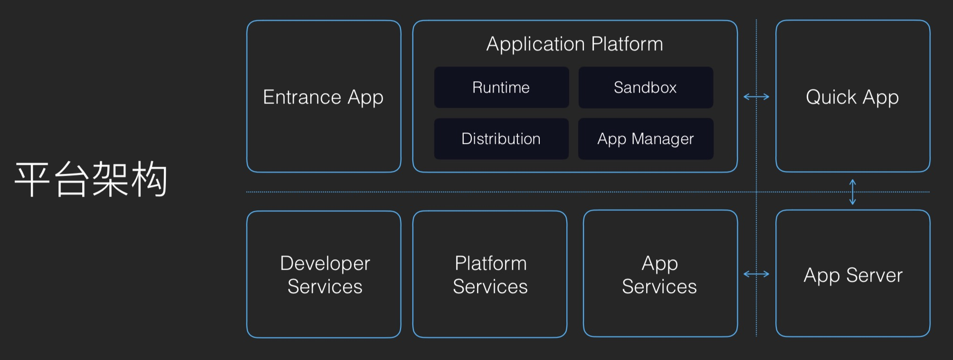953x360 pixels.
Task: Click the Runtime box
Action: pyautogui.click(x=501, y=87)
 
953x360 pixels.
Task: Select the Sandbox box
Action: pyautogui.click(x=646, y=87)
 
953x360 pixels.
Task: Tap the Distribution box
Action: pyautogui.click(x=501, y=139)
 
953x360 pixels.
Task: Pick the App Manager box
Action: pyautogui.click(x=646, y=139)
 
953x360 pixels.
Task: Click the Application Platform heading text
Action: pyautogui.click(x=575, y=45)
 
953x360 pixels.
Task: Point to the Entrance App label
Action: pyautogui.click(x=323, y=98)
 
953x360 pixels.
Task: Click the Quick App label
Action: pyautogui.click(x=852, y=98)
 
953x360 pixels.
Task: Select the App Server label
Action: pyautogui.click(x=853, y=275)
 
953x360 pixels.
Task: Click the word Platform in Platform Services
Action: pyautogui.click(x=491, y=263)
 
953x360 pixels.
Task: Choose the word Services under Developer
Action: pyautogui.click(x=325, y=286)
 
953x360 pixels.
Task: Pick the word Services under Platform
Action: pyautogui.click(x=490, y=286)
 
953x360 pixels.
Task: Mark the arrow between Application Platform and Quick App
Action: pyautogui.click(x=756, y=97)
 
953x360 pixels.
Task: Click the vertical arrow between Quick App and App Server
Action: pyautogui.click(x=853, y=192)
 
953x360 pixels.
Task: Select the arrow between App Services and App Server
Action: pyautogui.click(x=756, y=274)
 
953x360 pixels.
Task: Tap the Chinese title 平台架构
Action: pyautogui.click(x=91, y=179)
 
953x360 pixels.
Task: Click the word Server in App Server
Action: pyautogui.click(x=875, y=275)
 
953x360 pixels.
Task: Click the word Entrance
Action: pyautogui.click(x=302, y=97)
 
